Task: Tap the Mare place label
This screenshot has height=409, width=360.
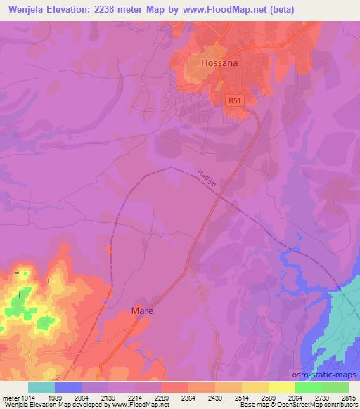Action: tap(141, 310)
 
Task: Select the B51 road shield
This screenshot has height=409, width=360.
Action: tap(235, 101)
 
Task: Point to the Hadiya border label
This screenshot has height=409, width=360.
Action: tap(205, 175)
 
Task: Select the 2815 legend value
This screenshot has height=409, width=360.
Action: tap(348, 397)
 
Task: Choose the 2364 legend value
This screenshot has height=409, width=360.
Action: tap(188, 397)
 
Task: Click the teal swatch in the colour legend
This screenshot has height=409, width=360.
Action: tap(41, 387)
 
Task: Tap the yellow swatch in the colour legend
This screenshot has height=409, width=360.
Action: tap(281, 387)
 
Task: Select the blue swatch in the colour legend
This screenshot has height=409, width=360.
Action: tap(68, 387)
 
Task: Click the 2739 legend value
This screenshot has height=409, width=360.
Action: tap(321, 397)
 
